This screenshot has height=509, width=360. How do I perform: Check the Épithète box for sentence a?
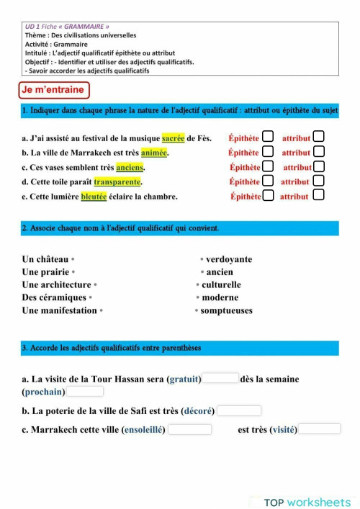click(x=268, y=137)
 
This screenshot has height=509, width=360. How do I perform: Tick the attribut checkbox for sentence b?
click(x=319, y=152)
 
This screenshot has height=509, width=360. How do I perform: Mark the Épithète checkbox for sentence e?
click(x=268, y=195)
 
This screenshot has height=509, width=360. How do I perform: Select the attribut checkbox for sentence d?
click(x=318, y=181)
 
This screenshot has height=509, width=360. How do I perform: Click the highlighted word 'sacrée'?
click(x=173, y=138)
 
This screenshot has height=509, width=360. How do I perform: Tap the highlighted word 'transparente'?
click(x=117, y=182)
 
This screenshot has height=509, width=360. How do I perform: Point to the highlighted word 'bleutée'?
click(x=94, y=197)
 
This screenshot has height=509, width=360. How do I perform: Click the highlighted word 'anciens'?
click(x=130, y=168)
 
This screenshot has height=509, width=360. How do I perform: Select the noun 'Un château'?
click(x=45, y=259)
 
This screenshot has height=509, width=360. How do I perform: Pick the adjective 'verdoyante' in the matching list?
click(x=229, y=259)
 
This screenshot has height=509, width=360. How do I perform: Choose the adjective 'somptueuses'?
click(x=227, y=311)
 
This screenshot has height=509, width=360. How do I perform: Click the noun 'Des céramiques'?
click(x=54, y=298)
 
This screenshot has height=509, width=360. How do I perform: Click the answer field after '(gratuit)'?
click(x=220, y=378)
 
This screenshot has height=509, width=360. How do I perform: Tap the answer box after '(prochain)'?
click(x=85, y=392)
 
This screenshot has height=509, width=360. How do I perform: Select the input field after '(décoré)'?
click(x=239, y=410)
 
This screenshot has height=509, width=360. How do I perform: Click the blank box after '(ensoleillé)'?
click(x=190, y=429)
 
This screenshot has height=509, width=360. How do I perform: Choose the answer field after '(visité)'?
click(x=319, y=429)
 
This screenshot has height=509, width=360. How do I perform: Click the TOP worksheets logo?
click(x=307, y=502)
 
